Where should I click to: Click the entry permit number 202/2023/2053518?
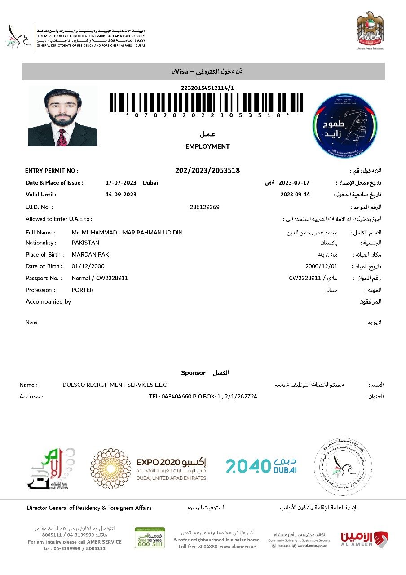pyautogui.click(x=207, y=170)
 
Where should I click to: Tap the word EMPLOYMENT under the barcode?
pyautogui.click(x=207, y=146)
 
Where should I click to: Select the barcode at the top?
pyautogui.click(x=207, y=102)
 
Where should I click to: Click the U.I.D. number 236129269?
pyautogui.click(x=205, y=207)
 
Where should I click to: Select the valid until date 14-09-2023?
pyautogui.click(x=121, y=195)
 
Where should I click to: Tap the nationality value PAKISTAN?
pyautogui.click(x=85, y=243)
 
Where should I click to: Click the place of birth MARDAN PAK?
pyautogui.click(x=90, y=255)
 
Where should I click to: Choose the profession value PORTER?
pyautogui.click(x=83, y=290)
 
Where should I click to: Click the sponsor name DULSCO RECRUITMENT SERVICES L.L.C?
pyautogui.click(x=115, y=385)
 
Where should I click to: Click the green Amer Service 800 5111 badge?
pyautogui.click(x=150, y=538)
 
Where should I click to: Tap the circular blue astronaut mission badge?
pyautogui.click(x=345, y=125)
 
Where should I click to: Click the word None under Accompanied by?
pyautogui.click(x=31, y=322)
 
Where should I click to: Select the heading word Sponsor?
pyautogui.click(x=193, y=373)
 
